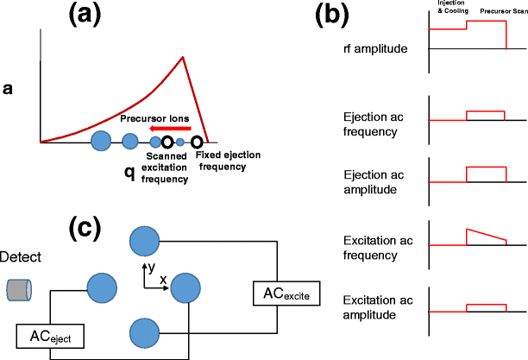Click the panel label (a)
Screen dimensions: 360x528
(x=115, y=16)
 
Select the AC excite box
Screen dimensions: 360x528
(x=282, y=294)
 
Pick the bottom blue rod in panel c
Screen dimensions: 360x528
(x=142, y=332)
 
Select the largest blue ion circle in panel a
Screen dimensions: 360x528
(x=100, y=139)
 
